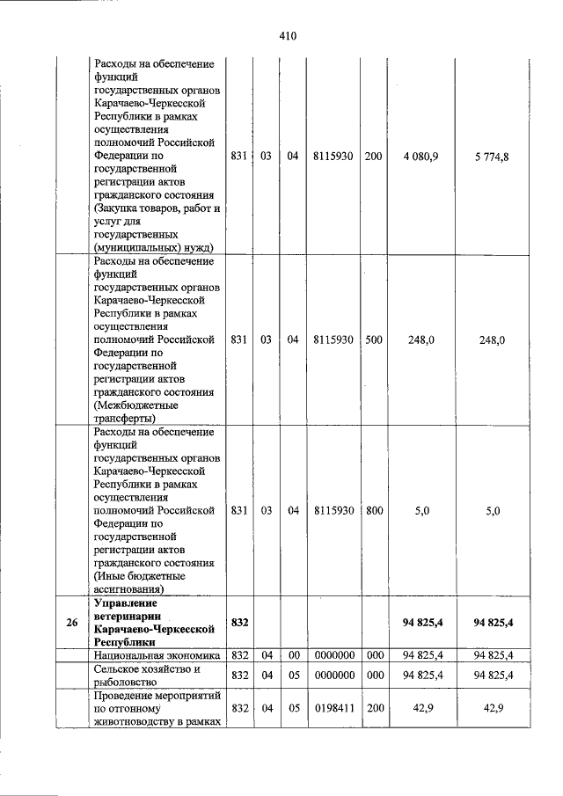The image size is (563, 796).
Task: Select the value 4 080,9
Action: click(x=420, y=157)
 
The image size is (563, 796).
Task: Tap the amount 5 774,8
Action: click(x=493, y=157)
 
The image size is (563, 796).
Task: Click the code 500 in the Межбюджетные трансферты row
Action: click(x=373, y=340)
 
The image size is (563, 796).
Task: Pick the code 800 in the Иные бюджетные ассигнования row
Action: click(x=373, y=510)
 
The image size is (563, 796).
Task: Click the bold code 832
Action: click(x=239, y=622)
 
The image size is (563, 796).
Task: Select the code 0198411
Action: click(x=333, y=707)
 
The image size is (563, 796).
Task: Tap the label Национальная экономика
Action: click(x=154, y=654)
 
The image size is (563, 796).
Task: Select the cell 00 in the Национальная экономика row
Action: click(x=292, y=654)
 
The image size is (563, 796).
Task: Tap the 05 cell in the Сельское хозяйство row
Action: click(x=292, y=675)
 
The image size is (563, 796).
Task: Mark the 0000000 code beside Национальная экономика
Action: click(x=333, y=654)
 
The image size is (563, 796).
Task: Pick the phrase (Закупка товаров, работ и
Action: click(x=156, y=208)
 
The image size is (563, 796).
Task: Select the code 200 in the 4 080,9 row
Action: click(x=373, y=157)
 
